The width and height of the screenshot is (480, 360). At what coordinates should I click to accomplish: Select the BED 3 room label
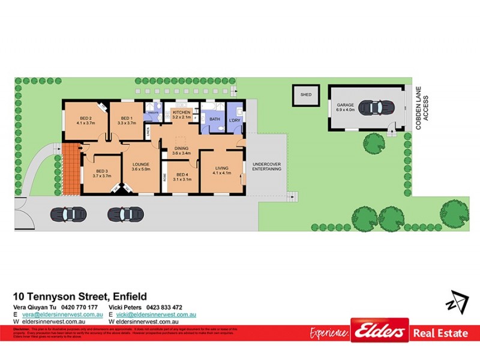pos(102,173)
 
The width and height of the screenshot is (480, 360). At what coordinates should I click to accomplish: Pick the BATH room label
pos(214,119)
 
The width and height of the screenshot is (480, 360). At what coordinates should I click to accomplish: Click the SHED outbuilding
pos(306,95)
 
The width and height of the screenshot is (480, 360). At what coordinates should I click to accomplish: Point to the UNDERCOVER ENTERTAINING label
pos(267,167)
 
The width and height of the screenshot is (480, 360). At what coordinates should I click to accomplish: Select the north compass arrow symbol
pos(458,301)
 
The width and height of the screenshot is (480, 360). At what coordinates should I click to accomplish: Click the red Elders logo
pos(379,331)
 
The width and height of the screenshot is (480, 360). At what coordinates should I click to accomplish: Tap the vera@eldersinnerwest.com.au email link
pos(59,314)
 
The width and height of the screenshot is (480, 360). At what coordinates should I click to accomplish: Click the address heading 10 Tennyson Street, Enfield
pos(80,296)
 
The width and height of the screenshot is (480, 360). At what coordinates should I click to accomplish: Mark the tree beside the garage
pos(374,143)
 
